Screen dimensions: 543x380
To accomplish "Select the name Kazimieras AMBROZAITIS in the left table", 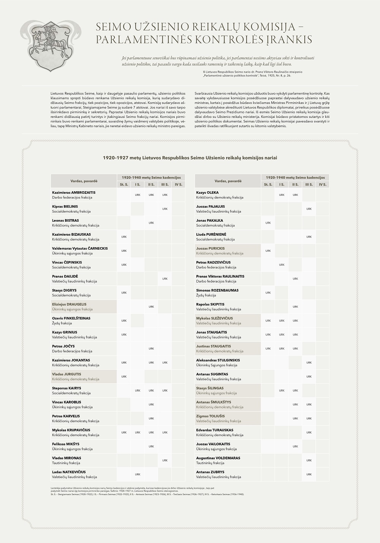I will tap(74, 192).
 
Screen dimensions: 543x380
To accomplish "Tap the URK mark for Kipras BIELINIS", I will tap(165, 209).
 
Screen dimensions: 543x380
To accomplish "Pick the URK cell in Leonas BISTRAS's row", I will tap(151, 223).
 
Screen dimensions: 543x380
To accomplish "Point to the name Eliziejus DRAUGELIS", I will tap(69, 304).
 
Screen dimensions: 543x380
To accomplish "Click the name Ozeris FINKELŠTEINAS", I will tap(72, 318).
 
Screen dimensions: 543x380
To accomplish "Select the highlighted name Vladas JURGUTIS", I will tap(66, 374).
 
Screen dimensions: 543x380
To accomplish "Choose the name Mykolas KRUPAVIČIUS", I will tap(71, 430).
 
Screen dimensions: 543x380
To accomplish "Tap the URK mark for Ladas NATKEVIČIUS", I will tap(138, 474).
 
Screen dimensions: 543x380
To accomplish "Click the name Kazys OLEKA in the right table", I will tap(207, 192).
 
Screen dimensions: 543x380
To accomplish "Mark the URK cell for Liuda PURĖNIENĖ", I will tap(309, 237).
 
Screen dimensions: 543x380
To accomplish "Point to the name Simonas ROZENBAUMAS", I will tap(217, 290).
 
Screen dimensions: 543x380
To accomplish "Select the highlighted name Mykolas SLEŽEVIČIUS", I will tap(214, 318).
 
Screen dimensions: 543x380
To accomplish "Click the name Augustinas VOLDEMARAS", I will tap(218, 458).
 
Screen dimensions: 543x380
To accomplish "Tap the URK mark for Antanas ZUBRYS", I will tap(309, 474).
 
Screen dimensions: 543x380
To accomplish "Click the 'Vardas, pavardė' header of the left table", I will tap(84, 181).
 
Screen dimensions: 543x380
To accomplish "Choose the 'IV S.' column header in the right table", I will tap(323, 184).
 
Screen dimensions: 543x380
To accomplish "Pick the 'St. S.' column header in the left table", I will tap(124, 184).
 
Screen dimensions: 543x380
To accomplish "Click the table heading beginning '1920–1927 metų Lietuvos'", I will tap(190, 157).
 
